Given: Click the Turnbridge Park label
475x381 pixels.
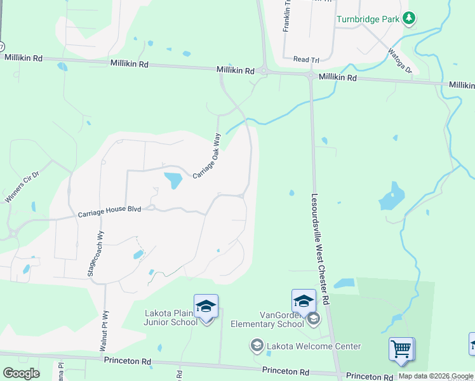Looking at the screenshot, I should click(x=368, y=19).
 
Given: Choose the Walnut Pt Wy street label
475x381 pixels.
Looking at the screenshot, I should click(x=104, y=331).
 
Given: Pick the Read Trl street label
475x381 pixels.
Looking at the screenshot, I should click(x=306, y=59).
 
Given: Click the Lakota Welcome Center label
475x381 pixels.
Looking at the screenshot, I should click(x=313, y=346).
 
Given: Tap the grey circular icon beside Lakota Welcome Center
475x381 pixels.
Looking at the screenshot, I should click(x=257, y=346).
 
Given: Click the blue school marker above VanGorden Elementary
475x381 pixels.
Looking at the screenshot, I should click(x=304, y=300).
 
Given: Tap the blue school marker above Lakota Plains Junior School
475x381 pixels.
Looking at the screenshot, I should click(x=206, y=306).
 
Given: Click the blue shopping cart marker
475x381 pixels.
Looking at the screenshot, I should click(x=401, y=349).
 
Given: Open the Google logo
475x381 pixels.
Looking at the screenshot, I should click(x=21, y=373).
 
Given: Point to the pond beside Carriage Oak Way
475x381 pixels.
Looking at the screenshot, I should click(x=173, y=180).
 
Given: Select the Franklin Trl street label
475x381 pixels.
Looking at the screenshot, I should click(x=286, y=23).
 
